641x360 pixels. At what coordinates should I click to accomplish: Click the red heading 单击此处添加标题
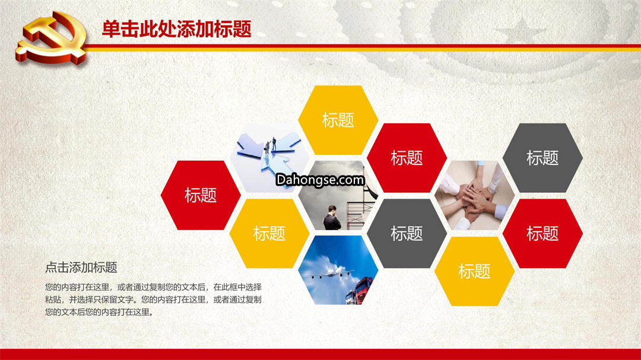[177, 29]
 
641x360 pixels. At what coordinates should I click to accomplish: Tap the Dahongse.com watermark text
[320, 180]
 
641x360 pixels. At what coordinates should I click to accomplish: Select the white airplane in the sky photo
[332, 272]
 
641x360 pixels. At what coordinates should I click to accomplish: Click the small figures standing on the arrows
[270, 145]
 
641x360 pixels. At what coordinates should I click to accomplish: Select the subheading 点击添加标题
[81, 267]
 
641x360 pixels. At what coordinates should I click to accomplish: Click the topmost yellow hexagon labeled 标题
[338, 120]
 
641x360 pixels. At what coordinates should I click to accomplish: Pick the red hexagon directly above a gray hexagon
[407, 158]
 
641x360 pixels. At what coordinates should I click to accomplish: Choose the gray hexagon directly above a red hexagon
[542, 158]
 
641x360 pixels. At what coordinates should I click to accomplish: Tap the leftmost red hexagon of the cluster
[201, 195]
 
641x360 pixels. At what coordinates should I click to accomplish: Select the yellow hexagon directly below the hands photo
[475, 271]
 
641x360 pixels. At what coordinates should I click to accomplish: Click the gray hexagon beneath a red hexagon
[407, 233]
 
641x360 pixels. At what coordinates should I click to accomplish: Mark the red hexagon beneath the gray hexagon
[542, 233]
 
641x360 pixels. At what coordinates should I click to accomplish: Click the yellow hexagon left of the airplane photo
[269, 233]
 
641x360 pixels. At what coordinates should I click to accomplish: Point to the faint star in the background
[519, 31]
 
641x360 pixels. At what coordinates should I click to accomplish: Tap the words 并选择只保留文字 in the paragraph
[101, 300]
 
